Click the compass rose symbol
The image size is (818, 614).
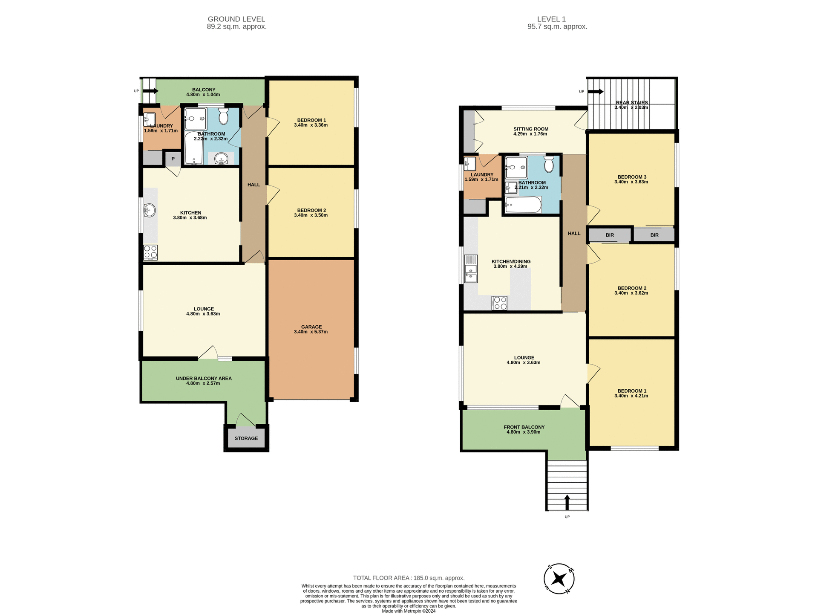[559, 579]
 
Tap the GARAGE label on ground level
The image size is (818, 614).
[311, 327]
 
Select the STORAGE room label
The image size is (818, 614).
[246, 438]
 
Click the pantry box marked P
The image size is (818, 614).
[173, 159]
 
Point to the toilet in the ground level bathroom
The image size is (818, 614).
[223, 116]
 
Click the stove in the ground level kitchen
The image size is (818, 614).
[150, 252]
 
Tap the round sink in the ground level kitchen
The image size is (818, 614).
[150, 210]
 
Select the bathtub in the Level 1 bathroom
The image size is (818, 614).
[523, 205]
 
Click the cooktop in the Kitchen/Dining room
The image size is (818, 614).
[499, 303]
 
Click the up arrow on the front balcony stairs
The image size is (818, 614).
[567, 502]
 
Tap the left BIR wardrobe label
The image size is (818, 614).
[610, 235]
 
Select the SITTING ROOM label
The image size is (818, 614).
[530, 129]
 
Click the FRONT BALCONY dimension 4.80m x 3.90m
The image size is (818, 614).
[524, 432]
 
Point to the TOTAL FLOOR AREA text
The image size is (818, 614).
[409, 578]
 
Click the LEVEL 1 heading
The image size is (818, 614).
[551, 19]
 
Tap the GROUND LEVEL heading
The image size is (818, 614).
[236, 19]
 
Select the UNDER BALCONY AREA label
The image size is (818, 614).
[204, 378]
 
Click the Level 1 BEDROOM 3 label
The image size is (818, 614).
[632, 177]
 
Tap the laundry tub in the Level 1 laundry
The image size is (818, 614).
[470, 164]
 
